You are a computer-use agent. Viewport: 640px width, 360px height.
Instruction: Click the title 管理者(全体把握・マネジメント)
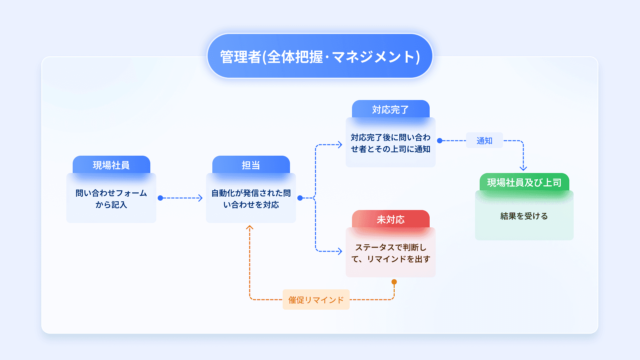click(320, 56)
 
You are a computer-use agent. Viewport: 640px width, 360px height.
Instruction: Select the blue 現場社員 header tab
click(111, 165)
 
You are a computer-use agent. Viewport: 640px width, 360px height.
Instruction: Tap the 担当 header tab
click(251, 165)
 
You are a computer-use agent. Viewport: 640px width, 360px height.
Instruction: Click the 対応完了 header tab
click(390, 109)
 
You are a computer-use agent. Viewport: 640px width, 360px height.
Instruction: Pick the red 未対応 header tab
click(390, 219)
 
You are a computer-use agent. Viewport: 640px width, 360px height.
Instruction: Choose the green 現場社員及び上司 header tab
click(524, 182)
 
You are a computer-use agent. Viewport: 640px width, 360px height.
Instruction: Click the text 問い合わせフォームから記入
click(111, 199)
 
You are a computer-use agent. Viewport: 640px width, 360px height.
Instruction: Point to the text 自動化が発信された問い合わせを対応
click(251, 199)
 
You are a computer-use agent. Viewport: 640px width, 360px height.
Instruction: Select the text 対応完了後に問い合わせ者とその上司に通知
click(390, 143)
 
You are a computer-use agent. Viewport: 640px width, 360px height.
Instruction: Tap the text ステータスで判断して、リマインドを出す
click(390, 253)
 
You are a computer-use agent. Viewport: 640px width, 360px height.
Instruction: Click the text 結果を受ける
click(524, 216)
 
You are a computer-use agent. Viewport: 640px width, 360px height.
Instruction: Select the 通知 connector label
click(484, 141)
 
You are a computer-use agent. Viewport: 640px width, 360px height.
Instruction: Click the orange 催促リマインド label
click(316, 300)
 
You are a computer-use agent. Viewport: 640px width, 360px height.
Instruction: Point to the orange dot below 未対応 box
click(394, 282)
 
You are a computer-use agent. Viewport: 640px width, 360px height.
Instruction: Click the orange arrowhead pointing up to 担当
click(250, 228)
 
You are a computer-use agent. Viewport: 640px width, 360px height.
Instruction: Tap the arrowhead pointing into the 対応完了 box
click(340, 145)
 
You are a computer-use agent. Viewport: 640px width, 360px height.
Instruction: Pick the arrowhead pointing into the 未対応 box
click(340, 251)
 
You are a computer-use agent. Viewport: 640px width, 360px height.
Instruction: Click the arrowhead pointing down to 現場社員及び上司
click(523, 168)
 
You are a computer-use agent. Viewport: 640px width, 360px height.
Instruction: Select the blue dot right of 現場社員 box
click(160, 198)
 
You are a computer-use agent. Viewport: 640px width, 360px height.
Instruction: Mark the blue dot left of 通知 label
click(440, 141)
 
